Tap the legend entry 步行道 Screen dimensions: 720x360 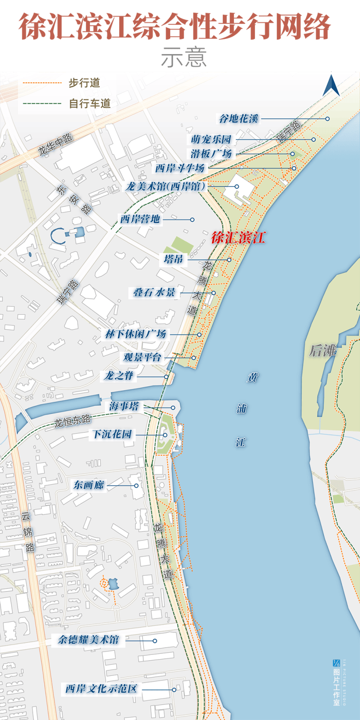84,83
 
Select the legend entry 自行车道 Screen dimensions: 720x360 90,103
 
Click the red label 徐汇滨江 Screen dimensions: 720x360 238,238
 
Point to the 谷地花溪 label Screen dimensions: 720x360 238,118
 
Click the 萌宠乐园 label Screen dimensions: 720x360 211,140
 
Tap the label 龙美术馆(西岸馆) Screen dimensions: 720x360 166,186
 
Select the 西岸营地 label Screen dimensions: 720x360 140,219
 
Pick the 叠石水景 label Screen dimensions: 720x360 155,293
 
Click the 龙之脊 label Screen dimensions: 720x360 118,376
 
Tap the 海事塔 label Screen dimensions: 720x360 125,407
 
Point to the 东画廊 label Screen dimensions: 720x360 89,485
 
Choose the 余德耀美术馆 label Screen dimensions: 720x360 88,640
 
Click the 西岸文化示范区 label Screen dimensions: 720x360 102,689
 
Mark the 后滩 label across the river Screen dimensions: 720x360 323,350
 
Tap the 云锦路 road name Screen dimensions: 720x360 28,532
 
